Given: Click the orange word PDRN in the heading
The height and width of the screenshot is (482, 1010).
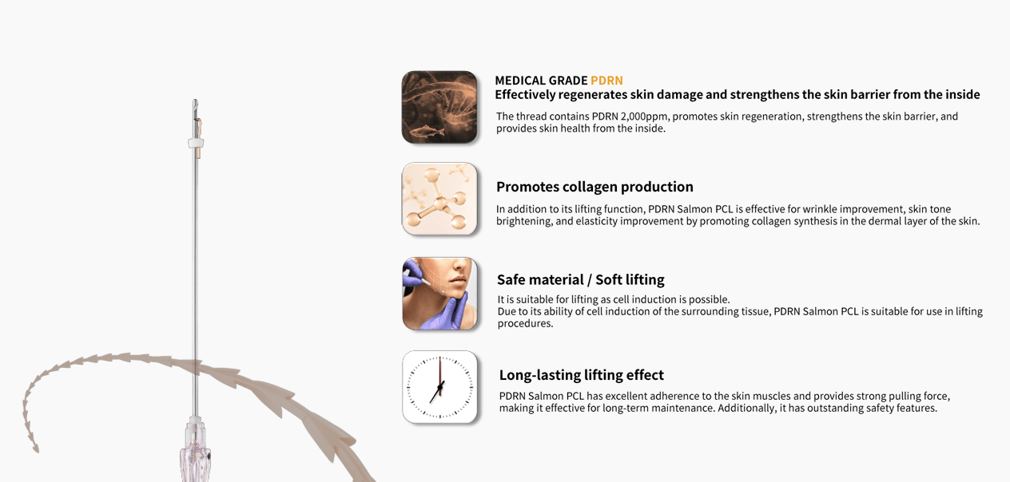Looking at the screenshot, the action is click(x=606, y=81).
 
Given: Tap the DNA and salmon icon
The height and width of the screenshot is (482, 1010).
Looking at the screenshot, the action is click(x=439, y=107).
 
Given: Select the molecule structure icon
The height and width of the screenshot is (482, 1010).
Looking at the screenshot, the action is click(x=439, y=200).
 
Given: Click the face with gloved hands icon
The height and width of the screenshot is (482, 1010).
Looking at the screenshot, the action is click(x=439, y=293).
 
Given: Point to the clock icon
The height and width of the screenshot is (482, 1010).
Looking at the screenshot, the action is click(x=439, y=387).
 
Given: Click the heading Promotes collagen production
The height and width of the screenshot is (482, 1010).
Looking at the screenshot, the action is click(x=594, y=187).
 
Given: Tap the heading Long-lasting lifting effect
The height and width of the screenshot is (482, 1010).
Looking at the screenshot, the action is click(x=581, y=375).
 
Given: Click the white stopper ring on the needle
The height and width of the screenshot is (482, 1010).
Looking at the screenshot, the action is click(x=195, y=144).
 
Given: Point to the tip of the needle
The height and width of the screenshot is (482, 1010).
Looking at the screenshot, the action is click(x=195, y=100).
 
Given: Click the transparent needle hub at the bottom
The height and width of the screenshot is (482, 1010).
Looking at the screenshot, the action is click(x=195, y=450).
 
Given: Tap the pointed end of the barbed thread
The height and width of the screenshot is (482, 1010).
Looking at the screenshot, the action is click(x=36, y=450).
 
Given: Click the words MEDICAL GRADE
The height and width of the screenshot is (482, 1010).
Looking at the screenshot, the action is click(x=541, y=81).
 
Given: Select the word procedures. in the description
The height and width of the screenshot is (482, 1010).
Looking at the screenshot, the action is click(x=525, y=323).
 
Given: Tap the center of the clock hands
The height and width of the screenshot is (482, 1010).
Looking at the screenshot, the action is click(x=439, y=387).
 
